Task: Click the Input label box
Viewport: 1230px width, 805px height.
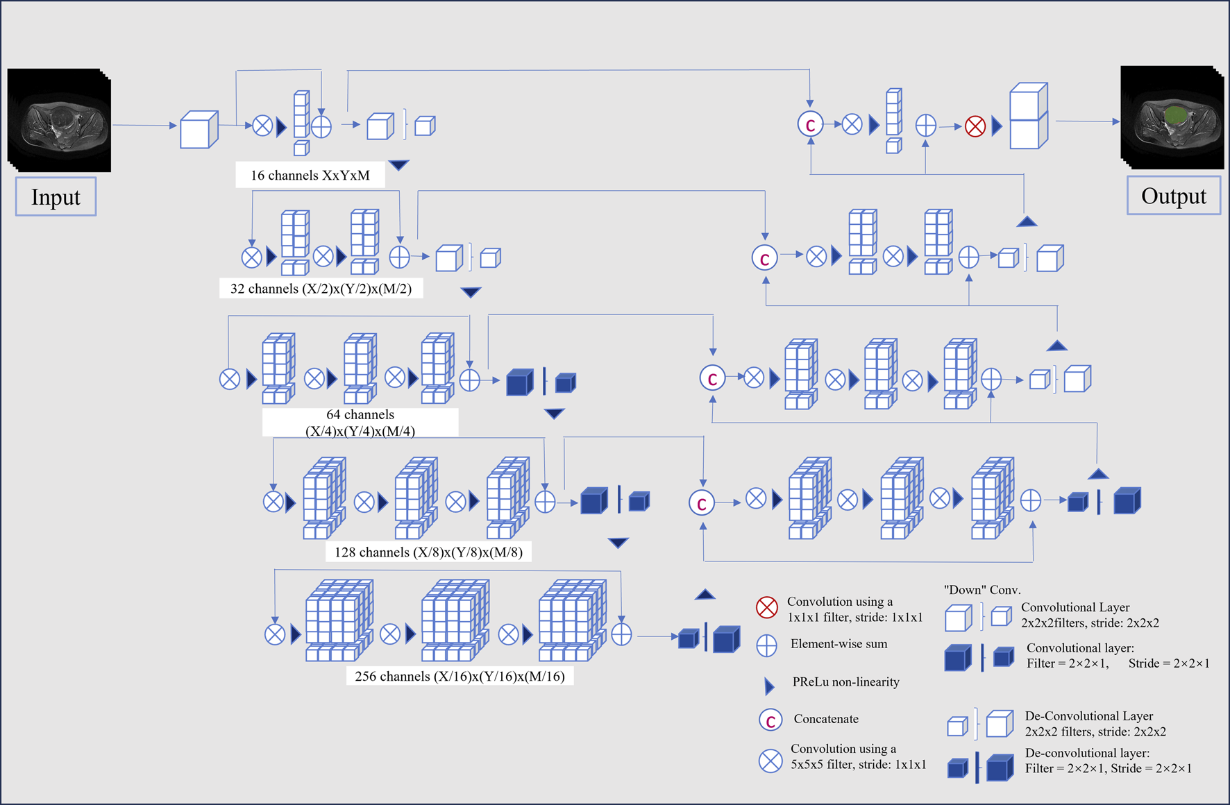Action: (x=56, y=197)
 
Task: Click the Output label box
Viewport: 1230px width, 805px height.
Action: (x=1173, y=196)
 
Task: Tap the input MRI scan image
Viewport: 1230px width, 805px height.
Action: (x=59, y=119)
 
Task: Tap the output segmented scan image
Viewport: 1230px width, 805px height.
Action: (x=1172, y=117)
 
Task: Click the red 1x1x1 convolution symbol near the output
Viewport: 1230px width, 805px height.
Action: (x=975, y=126)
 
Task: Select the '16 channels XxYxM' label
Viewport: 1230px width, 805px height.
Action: (x=310, y=176)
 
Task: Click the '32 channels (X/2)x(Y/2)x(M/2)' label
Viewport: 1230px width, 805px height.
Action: (x=321, y=289)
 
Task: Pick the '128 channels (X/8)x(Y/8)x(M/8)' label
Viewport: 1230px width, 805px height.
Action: (x=428, y=552)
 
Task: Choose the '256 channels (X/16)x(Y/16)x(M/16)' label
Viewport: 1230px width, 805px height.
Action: (x=460, y=676)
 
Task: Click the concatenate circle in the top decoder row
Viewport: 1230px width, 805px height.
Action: (x=810, y=124)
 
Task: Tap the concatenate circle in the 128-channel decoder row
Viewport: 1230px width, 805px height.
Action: (x=702, y=502)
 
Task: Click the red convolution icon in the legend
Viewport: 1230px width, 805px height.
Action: (x=767, y=608)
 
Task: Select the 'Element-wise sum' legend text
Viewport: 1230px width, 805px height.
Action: (x=839, y=644)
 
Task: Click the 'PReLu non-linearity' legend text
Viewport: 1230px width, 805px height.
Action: (x=845, y=682)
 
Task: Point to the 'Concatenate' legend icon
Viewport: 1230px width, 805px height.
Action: (x=770, y=720)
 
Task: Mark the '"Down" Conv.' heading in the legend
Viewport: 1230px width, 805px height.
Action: (x=982, y=590)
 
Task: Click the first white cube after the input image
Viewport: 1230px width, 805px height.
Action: (x=199, y=129)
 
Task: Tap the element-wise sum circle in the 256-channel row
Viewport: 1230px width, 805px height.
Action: (x=621, y=634)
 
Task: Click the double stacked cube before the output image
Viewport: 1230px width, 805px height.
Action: (x=1028, y=116)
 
